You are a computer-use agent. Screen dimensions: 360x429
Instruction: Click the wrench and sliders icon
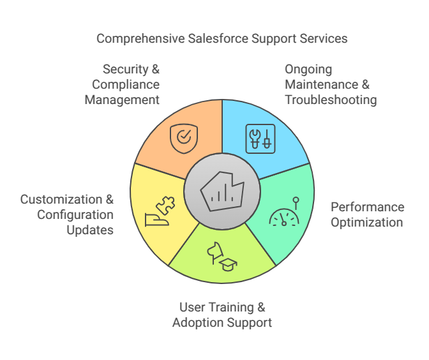260,138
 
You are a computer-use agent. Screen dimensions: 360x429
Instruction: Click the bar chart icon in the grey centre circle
222,192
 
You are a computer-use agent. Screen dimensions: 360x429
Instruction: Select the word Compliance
126,84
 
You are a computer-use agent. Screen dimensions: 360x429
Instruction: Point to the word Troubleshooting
331,100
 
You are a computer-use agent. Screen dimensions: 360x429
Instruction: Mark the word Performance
367,207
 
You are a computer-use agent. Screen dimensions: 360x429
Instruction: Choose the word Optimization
366,222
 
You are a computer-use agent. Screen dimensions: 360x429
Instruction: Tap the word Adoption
200,322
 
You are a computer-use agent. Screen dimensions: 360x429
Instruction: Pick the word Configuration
75,214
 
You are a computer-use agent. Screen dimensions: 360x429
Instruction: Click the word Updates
90,230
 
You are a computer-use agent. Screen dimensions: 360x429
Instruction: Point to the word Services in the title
325,39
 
